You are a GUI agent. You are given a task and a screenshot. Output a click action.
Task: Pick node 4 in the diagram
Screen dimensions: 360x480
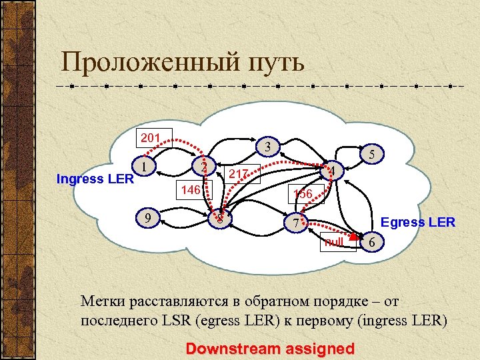point(332,172)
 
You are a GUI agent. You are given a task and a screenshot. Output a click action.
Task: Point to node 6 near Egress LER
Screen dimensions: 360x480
point(371,243)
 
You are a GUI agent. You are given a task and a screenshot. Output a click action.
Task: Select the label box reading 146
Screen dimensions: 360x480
point(192,190)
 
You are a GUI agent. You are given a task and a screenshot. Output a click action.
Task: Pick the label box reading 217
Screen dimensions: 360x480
point(239,174)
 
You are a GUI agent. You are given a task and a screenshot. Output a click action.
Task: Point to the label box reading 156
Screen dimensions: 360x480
point(303,193)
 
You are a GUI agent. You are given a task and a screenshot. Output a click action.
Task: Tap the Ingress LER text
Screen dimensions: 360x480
point(95,179)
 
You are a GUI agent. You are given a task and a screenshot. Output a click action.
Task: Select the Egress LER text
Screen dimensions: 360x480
point(417,222)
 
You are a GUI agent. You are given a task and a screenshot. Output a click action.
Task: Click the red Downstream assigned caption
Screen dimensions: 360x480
point(270,347)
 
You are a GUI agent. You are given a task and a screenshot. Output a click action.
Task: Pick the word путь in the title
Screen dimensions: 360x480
point(273,64)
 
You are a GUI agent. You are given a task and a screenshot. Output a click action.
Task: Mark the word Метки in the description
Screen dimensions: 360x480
point(102,300)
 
